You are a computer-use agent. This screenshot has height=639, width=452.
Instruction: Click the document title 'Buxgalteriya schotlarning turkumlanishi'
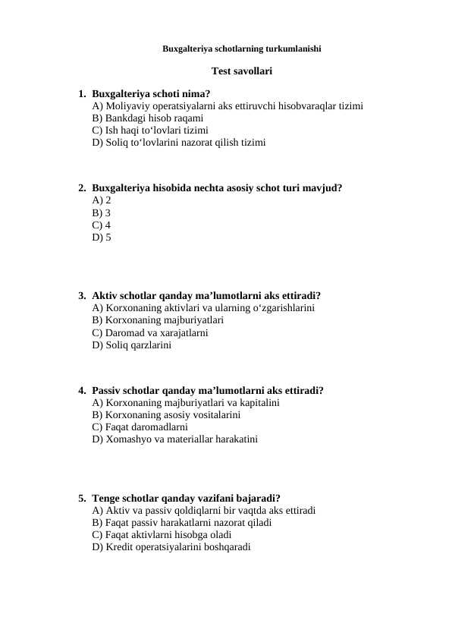click(x=241, y=49)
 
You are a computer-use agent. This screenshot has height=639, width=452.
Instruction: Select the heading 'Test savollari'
click(x=241, y=71)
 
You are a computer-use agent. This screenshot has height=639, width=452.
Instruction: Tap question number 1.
click(x=81, y=94)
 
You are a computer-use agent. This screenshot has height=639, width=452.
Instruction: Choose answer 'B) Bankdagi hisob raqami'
click(x=147, y=118)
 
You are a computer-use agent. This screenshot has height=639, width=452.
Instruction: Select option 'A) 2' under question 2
click(x=101, y=200)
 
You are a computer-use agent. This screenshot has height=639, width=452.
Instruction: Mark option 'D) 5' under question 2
click(x=101, y=238)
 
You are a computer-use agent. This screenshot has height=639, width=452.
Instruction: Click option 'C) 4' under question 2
click(x=101, y=225)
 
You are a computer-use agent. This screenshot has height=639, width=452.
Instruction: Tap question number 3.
click(x=81, y=296)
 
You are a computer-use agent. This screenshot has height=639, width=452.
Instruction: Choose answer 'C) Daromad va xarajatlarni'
click(x=149, y=332)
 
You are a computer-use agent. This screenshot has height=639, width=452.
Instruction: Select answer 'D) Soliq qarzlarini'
click(x=131, y=345)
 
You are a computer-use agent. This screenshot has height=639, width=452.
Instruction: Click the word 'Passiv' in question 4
click(x=107, y=390)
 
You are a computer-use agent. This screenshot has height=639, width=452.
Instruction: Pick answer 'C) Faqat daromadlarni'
click(x=140, y=427)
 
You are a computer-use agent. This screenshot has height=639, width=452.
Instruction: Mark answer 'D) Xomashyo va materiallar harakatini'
click(x=174, y=439)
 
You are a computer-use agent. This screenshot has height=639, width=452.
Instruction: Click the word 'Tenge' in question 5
click(x=106, y=498)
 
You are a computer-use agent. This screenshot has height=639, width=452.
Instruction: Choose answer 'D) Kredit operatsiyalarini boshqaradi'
click(x=171, y=546)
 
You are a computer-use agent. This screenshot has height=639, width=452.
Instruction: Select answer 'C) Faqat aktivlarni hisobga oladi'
click(x=162, y=534)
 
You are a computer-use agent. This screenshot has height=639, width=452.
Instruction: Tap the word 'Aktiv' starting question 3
click(x=105, y=296)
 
